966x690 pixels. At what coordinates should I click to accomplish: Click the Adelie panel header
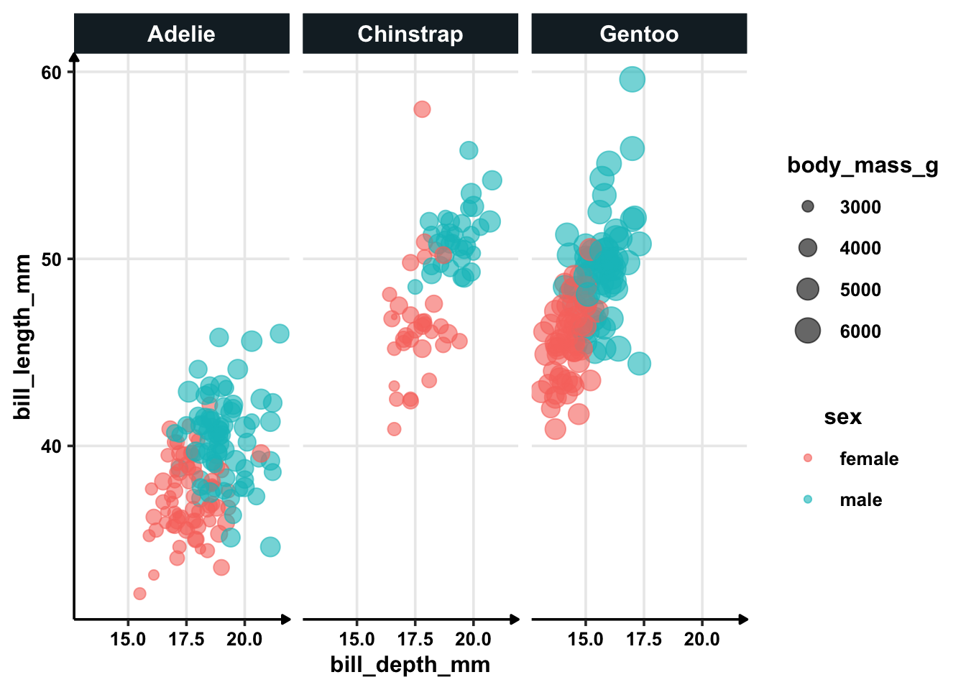point(181,34)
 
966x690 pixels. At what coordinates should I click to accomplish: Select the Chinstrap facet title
point(410,34)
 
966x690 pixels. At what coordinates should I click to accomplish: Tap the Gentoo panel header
point(639,34)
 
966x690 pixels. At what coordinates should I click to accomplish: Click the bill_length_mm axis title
point(23,336)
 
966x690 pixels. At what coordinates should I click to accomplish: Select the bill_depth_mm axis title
point(410,665)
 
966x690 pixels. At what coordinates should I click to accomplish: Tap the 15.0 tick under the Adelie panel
point(128,639)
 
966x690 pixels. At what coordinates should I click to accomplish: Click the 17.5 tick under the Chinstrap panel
point(415,639)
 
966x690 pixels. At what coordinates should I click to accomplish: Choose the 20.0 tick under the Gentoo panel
point(702,639)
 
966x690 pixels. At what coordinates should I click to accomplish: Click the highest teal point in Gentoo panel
point(632,79)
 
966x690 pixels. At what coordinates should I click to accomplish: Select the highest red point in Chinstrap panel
point(422,109)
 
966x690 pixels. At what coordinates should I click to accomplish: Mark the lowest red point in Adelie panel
point(139,594)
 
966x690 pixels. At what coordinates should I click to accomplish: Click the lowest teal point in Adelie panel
point(270,547)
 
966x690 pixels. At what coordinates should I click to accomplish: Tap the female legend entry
point(868,459)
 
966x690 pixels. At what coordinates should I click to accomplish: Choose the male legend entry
point(860,500)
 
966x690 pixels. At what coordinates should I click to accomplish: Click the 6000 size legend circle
point(808,331)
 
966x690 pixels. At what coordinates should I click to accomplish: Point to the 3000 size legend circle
point(808,207)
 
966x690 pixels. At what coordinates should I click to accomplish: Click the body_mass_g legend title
point(862,165)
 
